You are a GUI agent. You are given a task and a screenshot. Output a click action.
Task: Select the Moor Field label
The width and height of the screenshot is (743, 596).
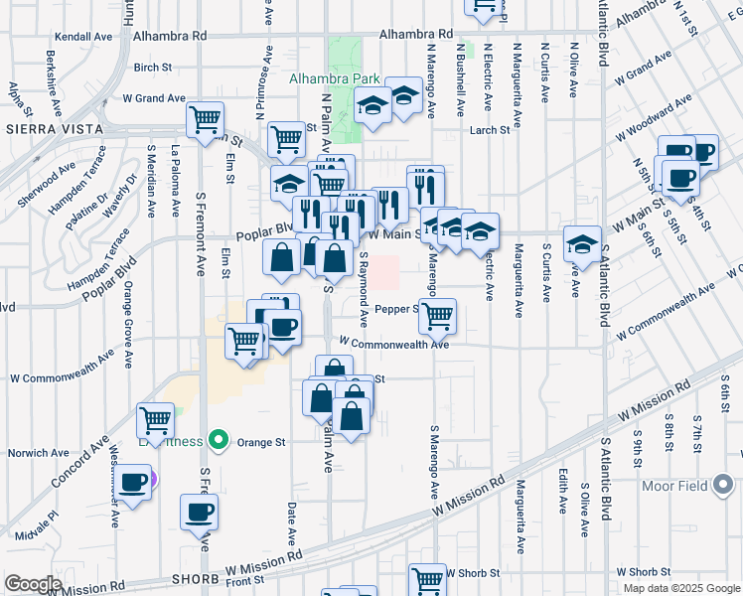pos(702,487)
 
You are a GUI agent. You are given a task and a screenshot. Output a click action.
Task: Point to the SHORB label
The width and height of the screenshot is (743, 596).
pos(194,578)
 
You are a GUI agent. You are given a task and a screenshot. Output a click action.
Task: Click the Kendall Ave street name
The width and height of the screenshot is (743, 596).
pos(83,36)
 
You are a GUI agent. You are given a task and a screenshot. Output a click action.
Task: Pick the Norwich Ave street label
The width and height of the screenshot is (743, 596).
pos(38,453)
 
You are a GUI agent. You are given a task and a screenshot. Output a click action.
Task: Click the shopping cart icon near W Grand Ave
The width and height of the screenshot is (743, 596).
pos(205,120)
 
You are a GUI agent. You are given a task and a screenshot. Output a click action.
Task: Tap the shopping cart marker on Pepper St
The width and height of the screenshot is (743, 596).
pos(437,316)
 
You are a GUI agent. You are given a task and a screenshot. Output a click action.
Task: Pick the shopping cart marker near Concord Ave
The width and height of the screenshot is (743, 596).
pos(155,420)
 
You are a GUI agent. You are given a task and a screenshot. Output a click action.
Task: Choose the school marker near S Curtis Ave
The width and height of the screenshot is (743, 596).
pos(581,243)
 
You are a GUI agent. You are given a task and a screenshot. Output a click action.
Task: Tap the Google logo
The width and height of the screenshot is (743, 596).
pos(34,584)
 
